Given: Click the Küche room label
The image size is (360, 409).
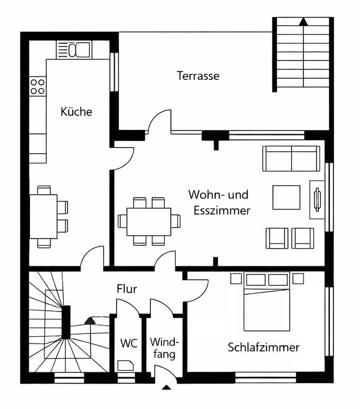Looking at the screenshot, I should click(76, 112).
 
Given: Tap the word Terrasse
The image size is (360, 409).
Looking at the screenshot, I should click(198, 76).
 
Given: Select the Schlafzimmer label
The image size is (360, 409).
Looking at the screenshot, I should click(263, 347).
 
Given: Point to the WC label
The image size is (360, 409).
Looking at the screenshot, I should click(129, 343).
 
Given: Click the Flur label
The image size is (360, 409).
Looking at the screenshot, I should click(126, 289).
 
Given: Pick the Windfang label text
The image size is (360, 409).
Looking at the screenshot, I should click(165, 347).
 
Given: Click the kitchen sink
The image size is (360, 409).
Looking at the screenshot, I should click(74, 49).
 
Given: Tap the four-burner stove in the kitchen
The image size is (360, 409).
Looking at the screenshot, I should click(37, 86).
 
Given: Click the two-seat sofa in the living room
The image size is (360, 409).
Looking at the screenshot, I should click(291, 159).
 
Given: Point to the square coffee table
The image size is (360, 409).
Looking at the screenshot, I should click(286, 197).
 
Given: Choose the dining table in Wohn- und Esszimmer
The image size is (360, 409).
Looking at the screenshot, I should click(149, 221).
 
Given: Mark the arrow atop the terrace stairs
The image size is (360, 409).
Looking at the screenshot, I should click(303, 22).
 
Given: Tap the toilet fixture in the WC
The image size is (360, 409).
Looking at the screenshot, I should click(125, 365).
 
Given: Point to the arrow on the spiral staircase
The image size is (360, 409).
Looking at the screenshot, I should click(89, 320).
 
